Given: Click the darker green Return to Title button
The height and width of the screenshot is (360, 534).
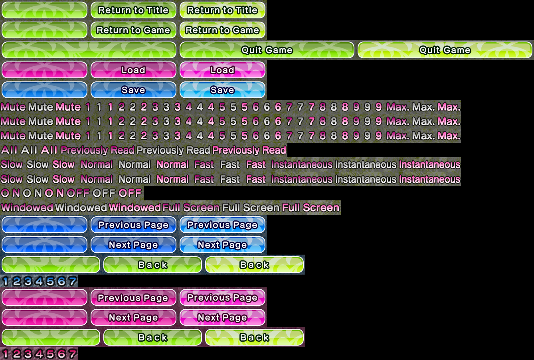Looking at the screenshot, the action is click(133, 10).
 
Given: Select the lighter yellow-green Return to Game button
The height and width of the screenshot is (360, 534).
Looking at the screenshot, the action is click(222, 30).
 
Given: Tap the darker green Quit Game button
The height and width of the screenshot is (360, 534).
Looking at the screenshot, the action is click(267, 50).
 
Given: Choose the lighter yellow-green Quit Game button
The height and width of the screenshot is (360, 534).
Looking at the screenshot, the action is click(445, 50).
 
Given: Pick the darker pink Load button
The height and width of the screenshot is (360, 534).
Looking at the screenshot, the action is click(133, 70).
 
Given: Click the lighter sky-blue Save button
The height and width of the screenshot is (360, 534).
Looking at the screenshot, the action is click(222, 90).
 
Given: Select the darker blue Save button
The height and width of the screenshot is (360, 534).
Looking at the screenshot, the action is click(133, 90).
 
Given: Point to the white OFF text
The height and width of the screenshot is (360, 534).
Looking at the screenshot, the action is click(104, 193).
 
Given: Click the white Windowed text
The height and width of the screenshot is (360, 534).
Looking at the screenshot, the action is click(81, 208).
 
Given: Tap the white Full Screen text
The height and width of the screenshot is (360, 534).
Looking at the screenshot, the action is click(251, 208).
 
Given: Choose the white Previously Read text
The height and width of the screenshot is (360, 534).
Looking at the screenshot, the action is click(173, 150).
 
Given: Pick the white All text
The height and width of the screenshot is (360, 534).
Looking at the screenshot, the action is click(29, 150).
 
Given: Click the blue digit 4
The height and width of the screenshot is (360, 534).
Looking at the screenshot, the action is click(39, 281).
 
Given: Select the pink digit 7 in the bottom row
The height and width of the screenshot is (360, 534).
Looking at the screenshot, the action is click(73, 354).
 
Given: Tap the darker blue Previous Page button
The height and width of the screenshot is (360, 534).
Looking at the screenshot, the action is click(133, 225).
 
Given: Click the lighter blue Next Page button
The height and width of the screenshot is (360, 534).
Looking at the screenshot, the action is click(222, 245).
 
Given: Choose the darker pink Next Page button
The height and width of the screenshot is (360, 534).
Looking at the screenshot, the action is click(133, 317).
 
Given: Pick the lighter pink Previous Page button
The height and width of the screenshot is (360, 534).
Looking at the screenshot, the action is click(222, 297).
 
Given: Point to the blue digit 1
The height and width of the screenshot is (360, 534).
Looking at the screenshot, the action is click(6, 281).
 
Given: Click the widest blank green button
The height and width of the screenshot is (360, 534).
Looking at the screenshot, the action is click(89, 50).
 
